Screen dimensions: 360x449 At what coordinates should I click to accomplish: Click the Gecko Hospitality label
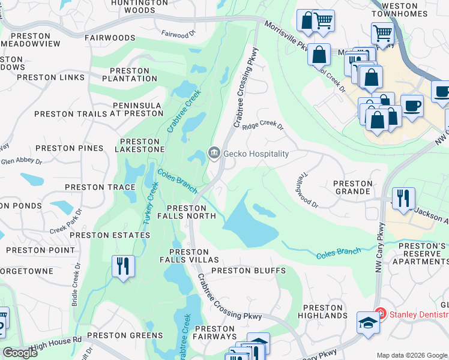tap(256, 154)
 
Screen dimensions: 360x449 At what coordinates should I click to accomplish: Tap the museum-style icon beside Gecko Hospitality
tap(214, 154)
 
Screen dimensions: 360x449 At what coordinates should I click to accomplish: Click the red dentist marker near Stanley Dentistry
tap(379, 313)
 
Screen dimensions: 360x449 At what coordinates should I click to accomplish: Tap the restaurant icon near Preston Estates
tap(124, 265)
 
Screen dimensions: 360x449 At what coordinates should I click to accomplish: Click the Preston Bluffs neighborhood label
tap(248, 271)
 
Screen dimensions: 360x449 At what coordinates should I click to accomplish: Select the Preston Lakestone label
tap(139, 144)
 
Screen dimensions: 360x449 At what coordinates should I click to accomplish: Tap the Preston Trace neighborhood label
tap(100, 187)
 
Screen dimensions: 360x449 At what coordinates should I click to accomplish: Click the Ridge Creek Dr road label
tap(262, 125)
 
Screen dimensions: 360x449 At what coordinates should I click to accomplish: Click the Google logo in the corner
tap(20, 353)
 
